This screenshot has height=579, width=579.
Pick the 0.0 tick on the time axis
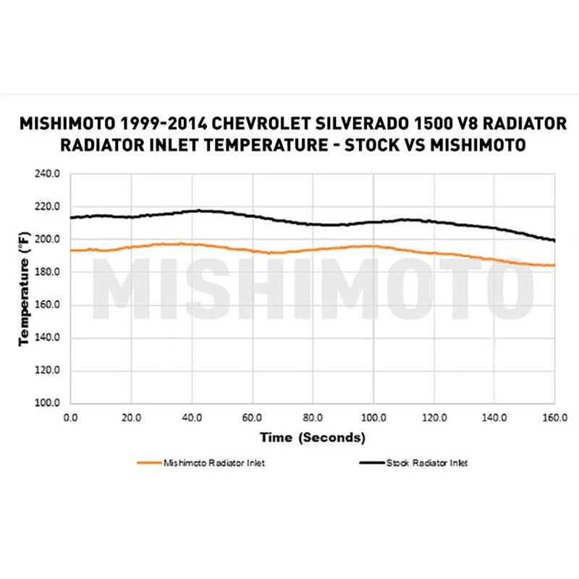coord(70,418)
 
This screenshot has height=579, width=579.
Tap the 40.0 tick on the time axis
coord(191,418)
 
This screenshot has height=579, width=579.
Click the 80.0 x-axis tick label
coord(313,418)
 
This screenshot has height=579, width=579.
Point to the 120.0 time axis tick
coord(434,418)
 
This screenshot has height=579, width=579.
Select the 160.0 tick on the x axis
coord(554,418)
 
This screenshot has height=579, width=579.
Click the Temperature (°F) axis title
coord(24,288)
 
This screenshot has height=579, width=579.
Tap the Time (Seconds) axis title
coord(313,437)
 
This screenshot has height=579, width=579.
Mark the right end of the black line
coord(554,240)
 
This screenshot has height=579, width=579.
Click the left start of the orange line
coord(70,250)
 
